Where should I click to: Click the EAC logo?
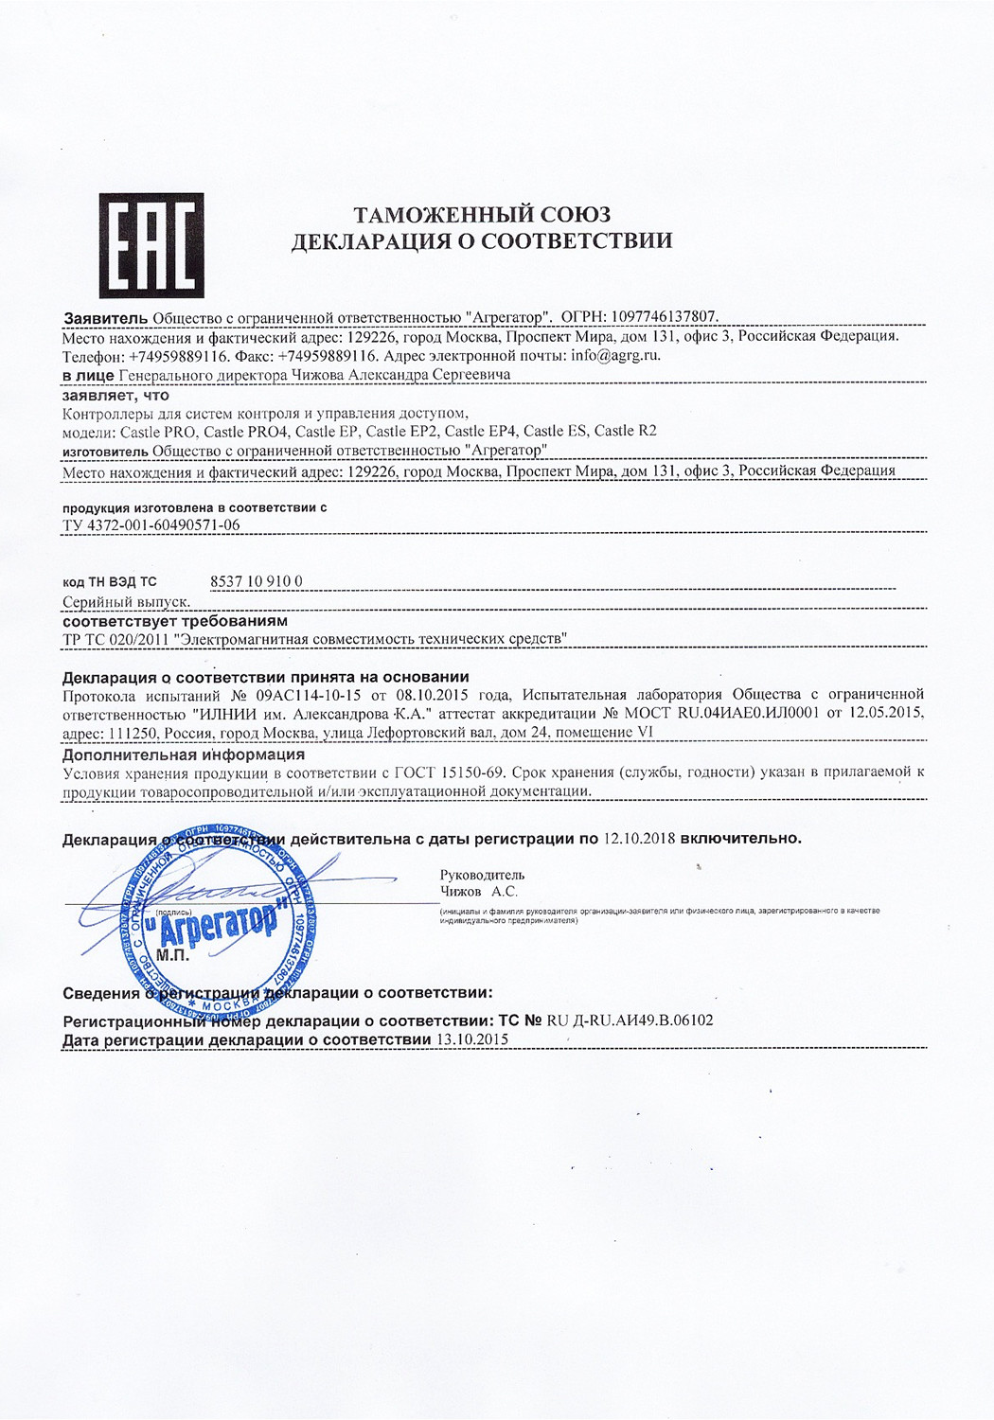pos(151,246)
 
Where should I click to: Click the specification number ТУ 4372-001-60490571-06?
pos(151,524)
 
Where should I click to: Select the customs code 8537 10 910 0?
pos(256,581)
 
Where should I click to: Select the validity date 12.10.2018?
pos(639,839)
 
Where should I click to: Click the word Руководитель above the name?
pos(482,875)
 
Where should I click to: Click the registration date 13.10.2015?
pos(471,1039)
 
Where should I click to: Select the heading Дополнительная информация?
pos(184,754)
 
